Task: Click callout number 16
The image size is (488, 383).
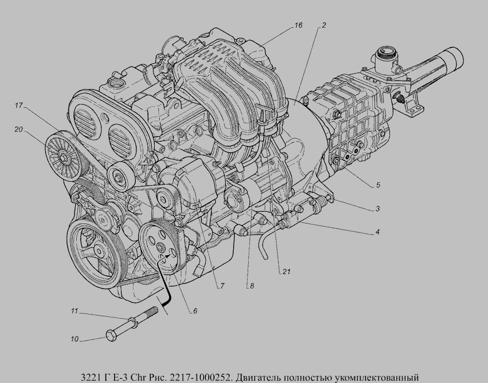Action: pyautogui.click(x=298, y=25)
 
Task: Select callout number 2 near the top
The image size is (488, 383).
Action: pyautogui.click(x=324, y=25)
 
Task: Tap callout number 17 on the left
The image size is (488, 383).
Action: pyautogui.click(x=19, y=106)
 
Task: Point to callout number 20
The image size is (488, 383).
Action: pyautogui.click(x=19, y=129)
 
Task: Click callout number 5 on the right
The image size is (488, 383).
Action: pyautogui.click(x=378, y=185)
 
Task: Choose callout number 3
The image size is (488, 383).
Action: pyautogui.click(x=377, y=208)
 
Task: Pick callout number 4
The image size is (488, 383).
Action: pyautogui.click(x=377, y=232)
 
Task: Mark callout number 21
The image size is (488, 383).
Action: pyautogui.click(x=287, y=272)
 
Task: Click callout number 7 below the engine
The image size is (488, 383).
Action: pyautogui.click(x=222, y=286)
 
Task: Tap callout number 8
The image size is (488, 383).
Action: pyautogui.click(x=252, y=286)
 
